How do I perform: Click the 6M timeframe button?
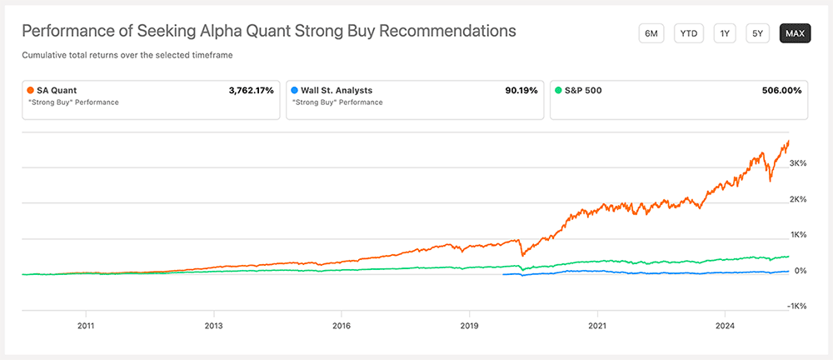[651, 33]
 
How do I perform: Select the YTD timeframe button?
[689, 33]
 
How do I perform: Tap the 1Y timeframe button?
[726, 33]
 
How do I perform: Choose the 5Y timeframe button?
[757, 33]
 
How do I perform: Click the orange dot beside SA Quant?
[31, 90]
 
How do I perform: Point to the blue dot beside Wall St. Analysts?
[294, 90]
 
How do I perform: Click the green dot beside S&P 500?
[557, 90]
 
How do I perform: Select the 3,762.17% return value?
[251, 90]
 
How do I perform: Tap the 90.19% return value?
[521, 90]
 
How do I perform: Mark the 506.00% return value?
[782, 90]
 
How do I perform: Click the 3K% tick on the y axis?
[797, 163]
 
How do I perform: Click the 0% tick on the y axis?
[799, 271]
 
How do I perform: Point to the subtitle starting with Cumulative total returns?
[126, 55]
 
